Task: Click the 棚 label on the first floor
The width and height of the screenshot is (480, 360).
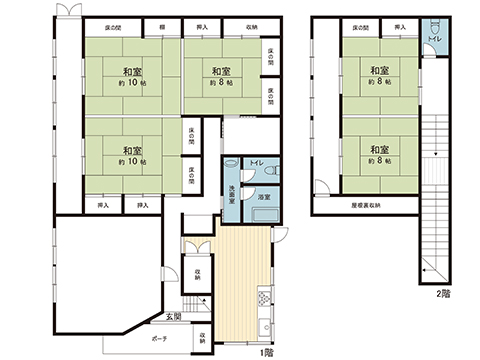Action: [x=161, y=27]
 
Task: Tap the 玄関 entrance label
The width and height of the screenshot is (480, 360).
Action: [x=174, y=318]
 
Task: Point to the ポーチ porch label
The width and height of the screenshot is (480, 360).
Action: [x=160, y=339]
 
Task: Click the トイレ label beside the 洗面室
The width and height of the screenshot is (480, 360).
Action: [x=257, y=162]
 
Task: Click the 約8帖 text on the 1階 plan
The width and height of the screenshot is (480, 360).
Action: [x=221, y=82]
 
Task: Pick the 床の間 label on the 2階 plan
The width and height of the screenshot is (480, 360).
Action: [x=357, y=27]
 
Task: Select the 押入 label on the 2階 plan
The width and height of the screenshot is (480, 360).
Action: [x=400, y=27]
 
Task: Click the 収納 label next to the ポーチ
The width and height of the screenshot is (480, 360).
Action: [x=202, y=337]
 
